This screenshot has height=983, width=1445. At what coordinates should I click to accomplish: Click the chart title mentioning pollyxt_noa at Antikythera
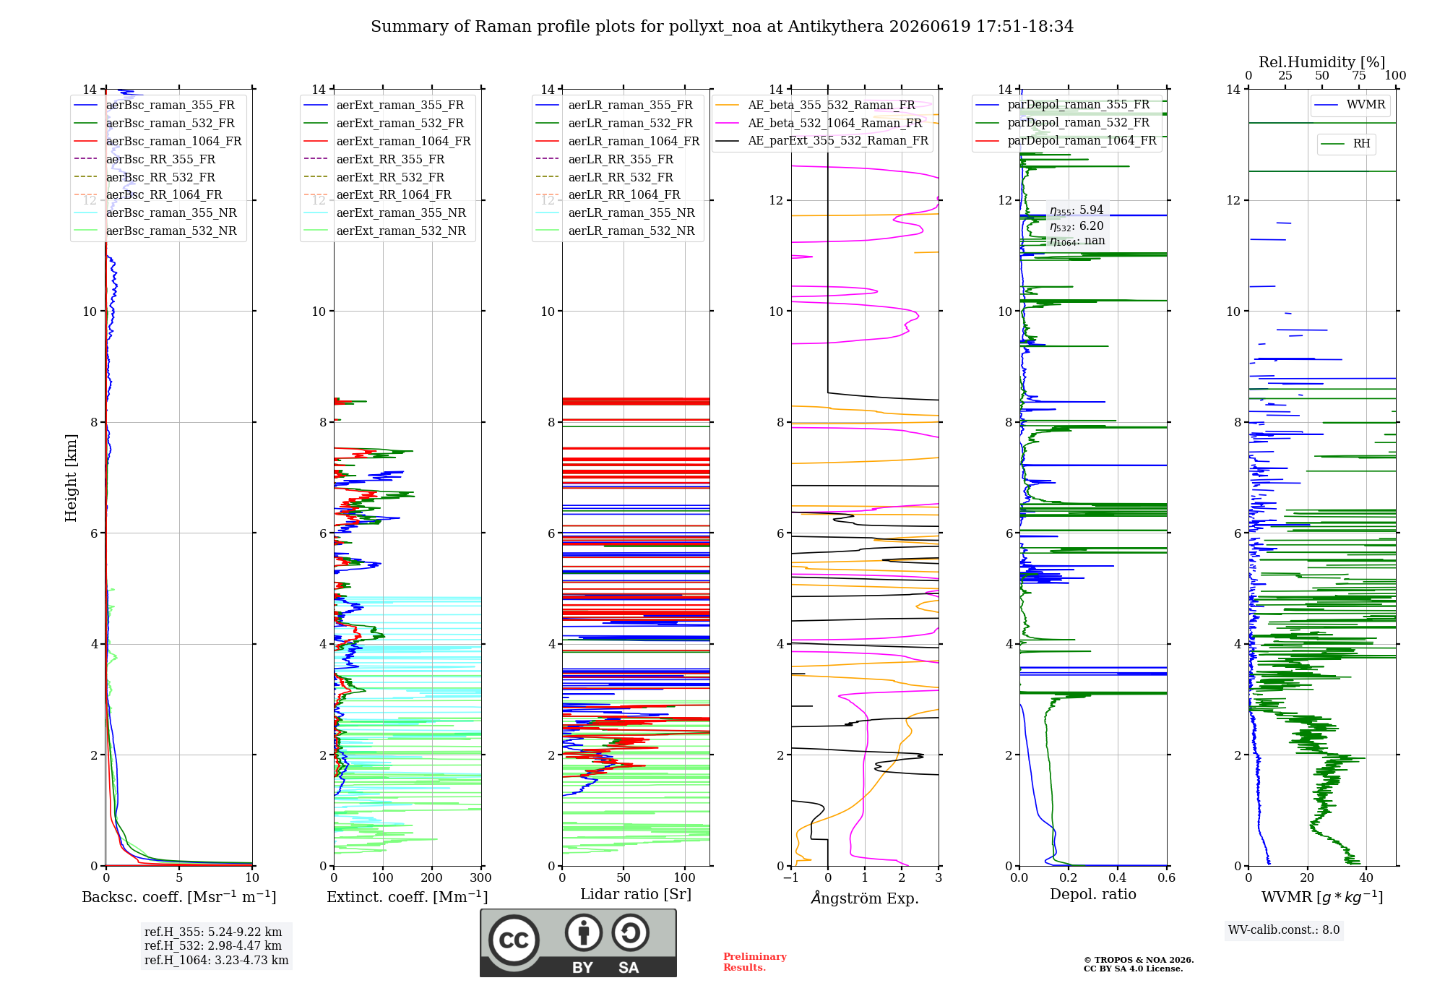click(722, 27)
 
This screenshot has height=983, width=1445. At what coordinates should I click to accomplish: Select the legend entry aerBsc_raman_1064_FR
click(173, 141)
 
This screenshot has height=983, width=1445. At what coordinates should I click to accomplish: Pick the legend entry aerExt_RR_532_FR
click(390, 177)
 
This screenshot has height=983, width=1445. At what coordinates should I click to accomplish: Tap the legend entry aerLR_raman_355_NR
click(631, 213)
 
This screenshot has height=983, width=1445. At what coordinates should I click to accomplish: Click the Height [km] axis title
click(71, 477)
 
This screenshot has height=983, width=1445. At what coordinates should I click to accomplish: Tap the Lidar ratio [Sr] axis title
click(636, 894)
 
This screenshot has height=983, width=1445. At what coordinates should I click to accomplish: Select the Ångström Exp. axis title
click(865, 898)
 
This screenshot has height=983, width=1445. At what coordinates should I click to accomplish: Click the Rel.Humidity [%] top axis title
click(1322, 62)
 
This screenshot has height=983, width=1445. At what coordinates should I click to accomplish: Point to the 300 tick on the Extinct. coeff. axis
click(481, 878)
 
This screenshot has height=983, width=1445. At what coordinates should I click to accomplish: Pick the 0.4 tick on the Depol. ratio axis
click(1118, 878)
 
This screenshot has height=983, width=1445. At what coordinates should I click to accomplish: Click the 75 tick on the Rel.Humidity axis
click(1359, 75)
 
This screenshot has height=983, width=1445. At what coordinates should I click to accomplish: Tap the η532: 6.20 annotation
click(1077, 226)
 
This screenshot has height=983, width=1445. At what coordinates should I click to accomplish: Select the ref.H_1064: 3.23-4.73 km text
click(217, 960)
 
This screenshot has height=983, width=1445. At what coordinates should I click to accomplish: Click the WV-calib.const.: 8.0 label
click(1284, 930)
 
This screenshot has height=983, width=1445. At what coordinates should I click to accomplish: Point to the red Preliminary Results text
click(755, 962)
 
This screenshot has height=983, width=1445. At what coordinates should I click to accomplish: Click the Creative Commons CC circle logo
click(514, 940)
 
